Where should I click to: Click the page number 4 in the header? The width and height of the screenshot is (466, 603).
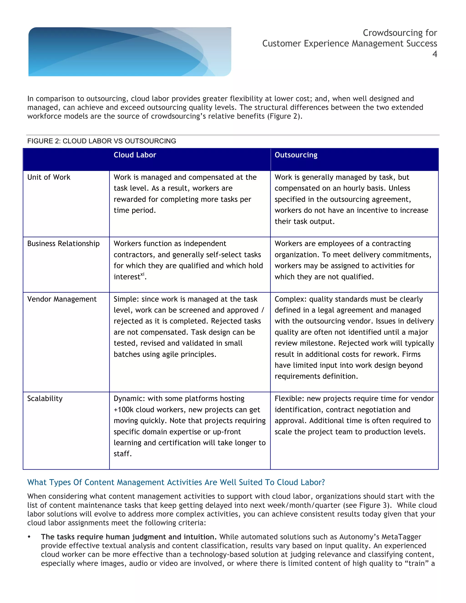click(x=435, y=54)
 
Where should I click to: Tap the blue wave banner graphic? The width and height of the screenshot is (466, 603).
click(x=129, y=52)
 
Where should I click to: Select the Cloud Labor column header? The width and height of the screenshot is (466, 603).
click(x=135, y=155)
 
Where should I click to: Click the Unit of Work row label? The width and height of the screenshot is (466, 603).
click(x=49, y=177)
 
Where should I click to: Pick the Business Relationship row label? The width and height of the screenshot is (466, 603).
click(x=63, y=243)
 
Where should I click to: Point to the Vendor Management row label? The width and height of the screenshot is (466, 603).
click(x=62, y=299)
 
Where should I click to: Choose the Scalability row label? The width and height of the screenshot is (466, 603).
click(x=45, y=398)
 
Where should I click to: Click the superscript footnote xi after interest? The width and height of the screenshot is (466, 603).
click(x=142, y=274)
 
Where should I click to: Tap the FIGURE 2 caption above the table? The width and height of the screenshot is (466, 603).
click(x=101, y=141)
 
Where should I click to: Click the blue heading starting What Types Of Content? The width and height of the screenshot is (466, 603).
click(x=176, y=482)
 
